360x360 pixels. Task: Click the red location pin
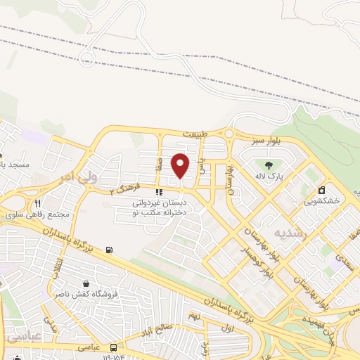[181, 165]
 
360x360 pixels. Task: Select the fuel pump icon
[108, 250]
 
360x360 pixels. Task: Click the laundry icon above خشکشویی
[321, 189]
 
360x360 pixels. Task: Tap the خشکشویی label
[321, 200]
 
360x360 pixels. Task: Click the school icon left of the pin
[160, 191]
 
